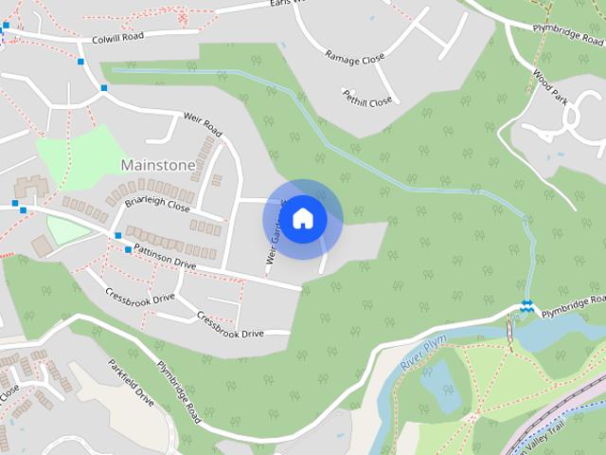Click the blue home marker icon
(302, 219)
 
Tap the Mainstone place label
(158, 165)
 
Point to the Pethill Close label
(366, 99)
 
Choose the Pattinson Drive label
(164, 258)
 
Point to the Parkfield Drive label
(131, 383)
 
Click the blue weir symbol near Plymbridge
(526, 304)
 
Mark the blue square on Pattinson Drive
(128, 249)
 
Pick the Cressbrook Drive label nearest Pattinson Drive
(140, 297)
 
